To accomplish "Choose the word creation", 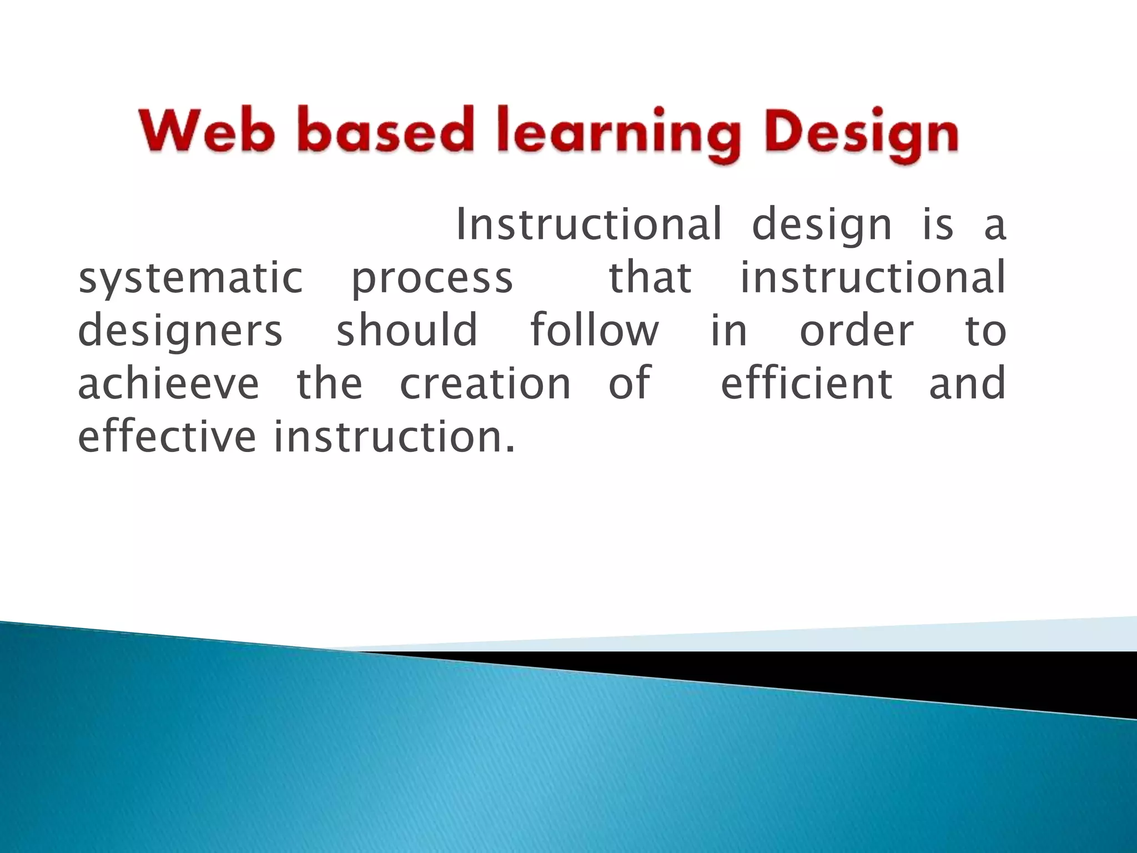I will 485,383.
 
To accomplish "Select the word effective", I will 167,436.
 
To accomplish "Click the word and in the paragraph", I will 967,383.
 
